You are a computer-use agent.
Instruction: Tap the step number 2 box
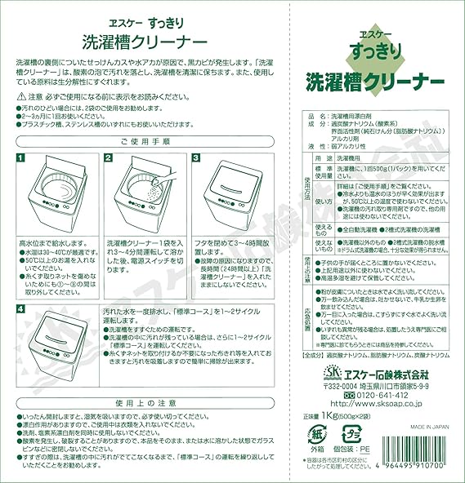click(107, 157)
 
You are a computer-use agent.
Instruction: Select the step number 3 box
click(194, 157)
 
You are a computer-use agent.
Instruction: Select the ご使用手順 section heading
click(145, 140)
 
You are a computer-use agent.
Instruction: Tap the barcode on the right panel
click(414, 457)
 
